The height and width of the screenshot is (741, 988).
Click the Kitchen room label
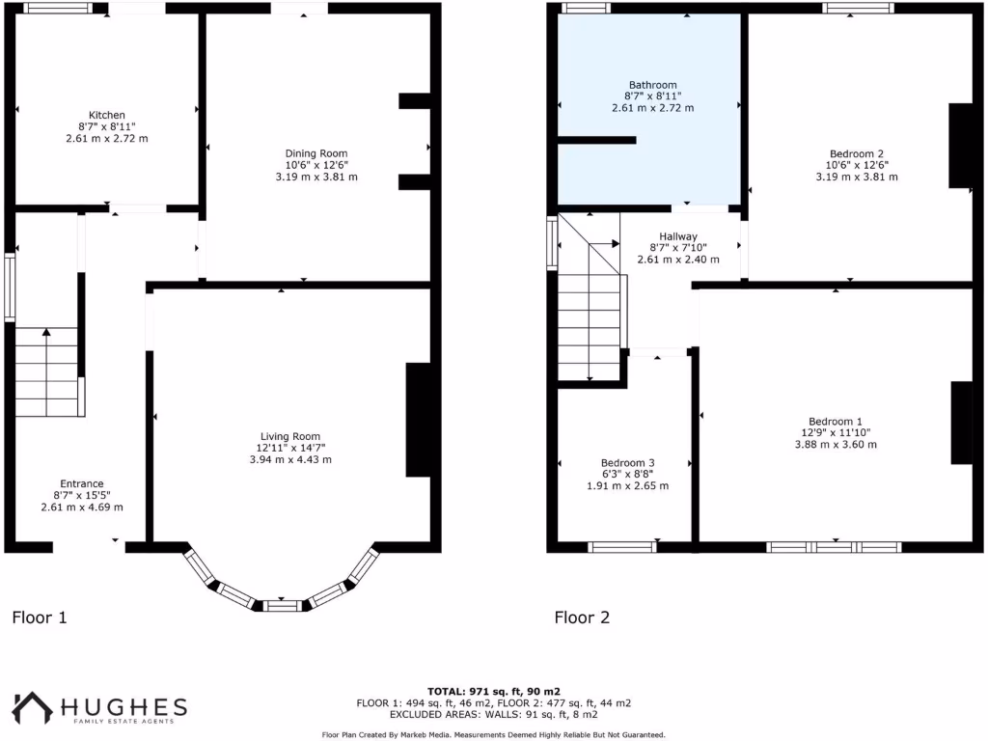[x=106, y=115]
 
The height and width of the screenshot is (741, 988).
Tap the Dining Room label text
[x=316, y=153]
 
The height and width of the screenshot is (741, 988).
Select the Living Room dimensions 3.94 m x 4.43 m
[x=289, y=459]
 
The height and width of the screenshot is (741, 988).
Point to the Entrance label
[x=82, y=483]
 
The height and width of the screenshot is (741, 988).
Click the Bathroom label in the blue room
[x=652, y=85]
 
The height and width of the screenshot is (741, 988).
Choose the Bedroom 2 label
[x=857, y=153]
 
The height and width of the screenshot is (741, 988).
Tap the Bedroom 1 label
[x=836, y=421]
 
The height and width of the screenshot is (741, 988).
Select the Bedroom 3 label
[x=627, y=462]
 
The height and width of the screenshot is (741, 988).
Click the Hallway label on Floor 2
[x=678, y=236]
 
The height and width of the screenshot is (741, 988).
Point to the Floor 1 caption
[x=40, y=617]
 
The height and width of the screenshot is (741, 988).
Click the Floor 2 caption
[x=582, y=617]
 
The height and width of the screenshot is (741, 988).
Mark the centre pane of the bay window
[x=282, y=605]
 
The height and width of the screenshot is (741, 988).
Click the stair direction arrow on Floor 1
[x=46, y=333]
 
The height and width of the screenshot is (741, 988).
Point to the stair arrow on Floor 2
[x=615, y=243]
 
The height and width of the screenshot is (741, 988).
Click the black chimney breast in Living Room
[x=418, y=420]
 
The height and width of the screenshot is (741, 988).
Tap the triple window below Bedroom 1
[x=835, y=547]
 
